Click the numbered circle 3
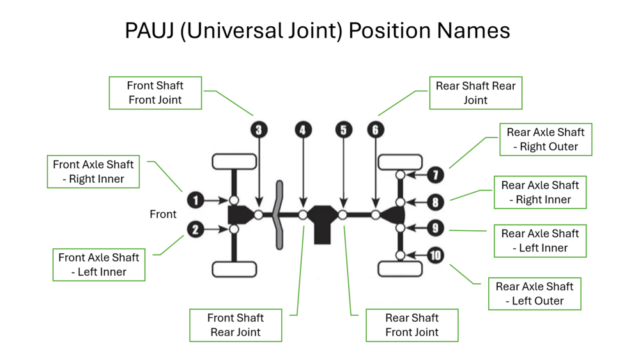pyautogui.click(x=258, y=130)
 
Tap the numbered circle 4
pyautogui.click(x=303, y=130)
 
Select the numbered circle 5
pyautogui.click(x=344, y=130)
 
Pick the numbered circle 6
pyautogui.click(x=376, y=130)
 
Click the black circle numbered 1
pyautogui.click(x=196, y=200)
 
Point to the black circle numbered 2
pyautogui.click(x=196, y=229)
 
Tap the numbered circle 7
pyautogui.click(x=435, y=175)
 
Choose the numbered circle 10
pyautogui.click(x=435, y=256)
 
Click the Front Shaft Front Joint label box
pyautogui.click(x=155, y=93)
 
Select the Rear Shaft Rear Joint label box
pyautogui.click(x=475, y=93)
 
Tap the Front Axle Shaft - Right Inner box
pyautogui.click(x=93, y=171)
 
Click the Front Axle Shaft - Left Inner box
pyautogui.click(x=98, y=265)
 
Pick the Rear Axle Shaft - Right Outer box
pyautogui.click(x=546, y=139)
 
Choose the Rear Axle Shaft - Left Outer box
pyautogui.click(x=534, y=293)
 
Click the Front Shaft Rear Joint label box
pyautogui.click(x=235, y=325)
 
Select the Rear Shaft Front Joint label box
pyautogui.click(x=412, y=325)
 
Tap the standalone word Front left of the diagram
pyautogui.click(x=163, y=214)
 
